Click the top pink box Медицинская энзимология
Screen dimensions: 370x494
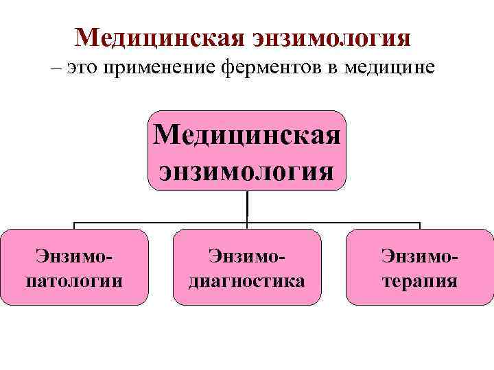coord(247,151)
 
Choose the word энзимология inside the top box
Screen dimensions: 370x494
coord(247,168)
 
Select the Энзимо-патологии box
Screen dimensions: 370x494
coord(74,267)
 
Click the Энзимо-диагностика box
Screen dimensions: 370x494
coord(247,267)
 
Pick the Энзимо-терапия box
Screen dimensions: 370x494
coord(419,267)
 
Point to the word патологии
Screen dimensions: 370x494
coord(74,280)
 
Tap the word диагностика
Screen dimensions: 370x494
coord(247,280)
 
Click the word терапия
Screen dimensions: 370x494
coord(419,280)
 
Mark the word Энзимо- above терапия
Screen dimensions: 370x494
coord(419,256)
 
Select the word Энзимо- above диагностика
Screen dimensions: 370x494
coord(247,256)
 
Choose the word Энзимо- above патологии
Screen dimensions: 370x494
coord(74,256)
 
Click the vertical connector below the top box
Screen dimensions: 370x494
coord(247,206)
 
